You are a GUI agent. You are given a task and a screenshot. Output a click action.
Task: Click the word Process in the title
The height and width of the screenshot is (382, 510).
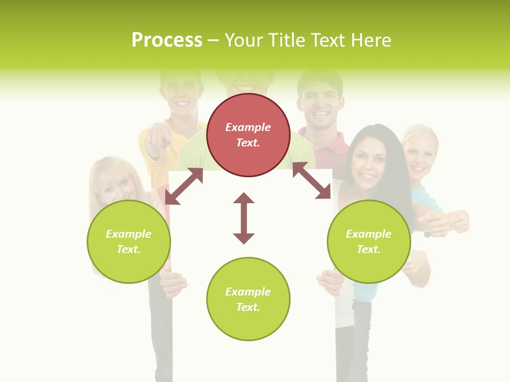pos(167,40)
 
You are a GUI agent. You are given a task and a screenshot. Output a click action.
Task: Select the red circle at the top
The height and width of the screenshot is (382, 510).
pos(248,135)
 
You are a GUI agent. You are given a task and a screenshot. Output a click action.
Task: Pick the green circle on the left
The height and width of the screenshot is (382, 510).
pos(129,241)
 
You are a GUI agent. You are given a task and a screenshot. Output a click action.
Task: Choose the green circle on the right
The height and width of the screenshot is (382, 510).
pos(369,241)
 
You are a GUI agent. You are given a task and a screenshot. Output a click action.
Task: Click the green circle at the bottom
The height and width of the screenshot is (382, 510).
pos(248,299)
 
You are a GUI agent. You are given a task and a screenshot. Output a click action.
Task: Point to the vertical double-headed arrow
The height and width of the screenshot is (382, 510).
pos(244,218)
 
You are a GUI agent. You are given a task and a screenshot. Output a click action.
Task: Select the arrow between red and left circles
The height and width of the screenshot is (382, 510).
pos(184,186)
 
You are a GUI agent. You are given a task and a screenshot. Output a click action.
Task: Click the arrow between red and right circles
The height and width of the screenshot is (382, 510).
pos(311,180)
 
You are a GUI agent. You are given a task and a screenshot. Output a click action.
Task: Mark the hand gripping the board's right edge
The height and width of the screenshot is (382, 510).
pos(330,281)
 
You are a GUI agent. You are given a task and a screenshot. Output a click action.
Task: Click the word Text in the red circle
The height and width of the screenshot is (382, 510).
pos(248,143)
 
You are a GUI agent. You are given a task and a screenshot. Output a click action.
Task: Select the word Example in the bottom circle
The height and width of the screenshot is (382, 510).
pos(248,292)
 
